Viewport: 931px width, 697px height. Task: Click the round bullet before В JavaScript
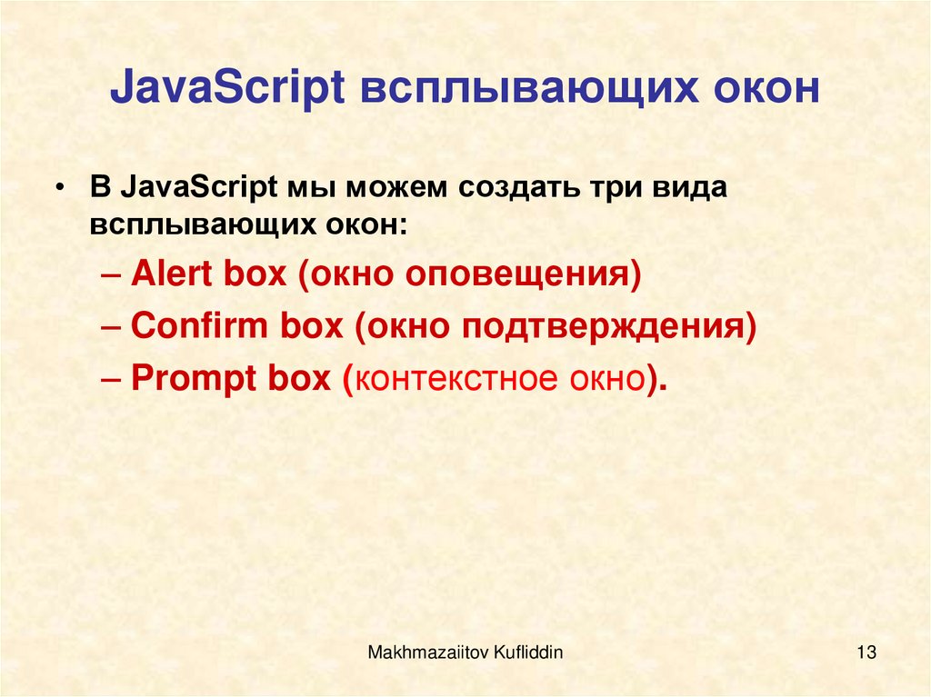[60, 188]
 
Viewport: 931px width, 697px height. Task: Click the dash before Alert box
[115, 274]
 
